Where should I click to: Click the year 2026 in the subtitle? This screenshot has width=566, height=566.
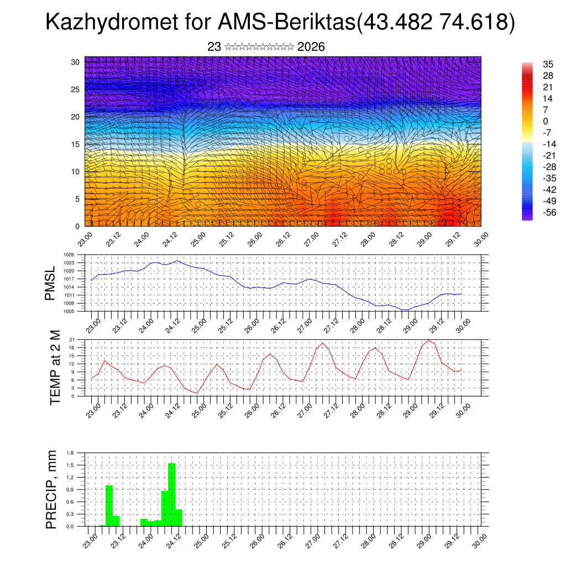pos(311,47)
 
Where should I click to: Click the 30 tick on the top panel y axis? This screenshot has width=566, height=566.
pos(76,62)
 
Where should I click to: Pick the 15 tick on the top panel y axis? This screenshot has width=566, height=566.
pos(76,144)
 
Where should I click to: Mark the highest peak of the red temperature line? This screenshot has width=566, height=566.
pos(428,340)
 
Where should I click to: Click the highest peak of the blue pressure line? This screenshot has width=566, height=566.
pos(177,260)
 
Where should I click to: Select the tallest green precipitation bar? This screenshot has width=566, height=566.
pos(171,495)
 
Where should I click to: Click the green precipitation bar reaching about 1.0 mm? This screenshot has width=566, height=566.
pos(109,505)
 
